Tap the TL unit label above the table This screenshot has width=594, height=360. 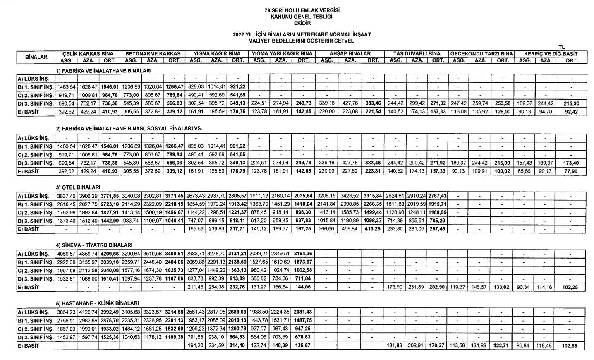[x=561, y=47]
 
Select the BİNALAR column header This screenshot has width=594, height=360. [x=36, y=57]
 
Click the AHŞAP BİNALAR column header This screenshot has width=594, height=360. [x=350, y=54]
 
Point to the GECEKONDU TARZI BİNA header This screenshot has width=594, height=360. [x=481, y=54]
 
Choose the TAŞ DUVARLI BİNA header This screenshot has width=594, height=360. [x=416, y=54]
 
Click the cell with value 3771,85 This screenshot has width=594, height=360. [x=109, y=195]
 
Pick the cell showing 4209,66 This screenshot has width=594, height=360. [x=109, y=253]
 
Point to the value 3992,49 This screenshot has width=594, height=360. [x=109, y=311]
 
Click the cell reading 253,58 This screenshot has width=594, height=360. [x=503, y=103]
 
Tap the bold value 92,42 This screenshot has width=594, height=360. [x=571, y=112]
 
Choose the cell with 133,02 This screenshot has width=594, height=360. [x=503, y=286]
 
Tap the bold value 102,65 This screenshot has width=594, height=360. [x=571, y=345]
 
